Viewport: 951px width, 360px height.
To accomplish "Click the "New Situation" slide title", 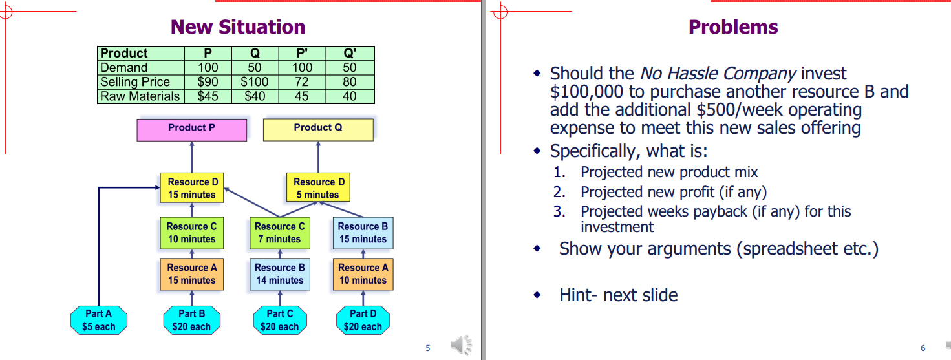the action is tap(238, 26).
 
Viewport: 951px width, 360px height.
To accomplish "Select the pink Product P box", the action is tap(192, 130).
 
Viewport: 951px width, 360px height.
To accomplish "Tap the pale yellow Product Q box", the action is tap(319, 130).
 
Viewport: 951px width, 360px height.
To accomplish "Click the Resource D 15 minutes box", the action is tap(192, 187).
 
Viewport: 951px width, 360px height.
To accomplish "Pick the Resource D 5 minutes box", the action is tap(319, 187).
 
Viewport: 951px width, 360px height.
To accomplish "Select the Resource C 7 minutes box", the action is tap(280, 233).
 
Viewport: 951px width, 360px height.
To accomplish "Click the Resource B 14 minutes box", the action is tap(280, 274).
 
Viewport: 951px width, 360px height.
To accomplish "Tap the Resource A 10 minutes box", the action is tap(363, 274).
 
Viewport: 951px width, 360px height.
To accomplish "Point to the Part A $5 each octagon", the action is tap(99, 320).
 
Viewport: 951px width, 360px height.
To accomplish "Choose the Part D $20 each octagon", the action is tap(363, 320).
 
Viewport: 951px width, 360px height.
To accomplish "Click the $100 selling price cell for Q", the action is tap(255, 81).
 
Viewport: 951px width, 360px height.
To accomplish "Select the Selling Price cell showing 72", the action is tap(302, 81).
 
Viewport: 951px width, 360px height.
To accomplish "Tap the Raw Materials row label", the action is tap(140, 96).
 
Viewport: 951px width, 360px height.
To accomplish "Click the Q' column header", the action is tap(350, 53).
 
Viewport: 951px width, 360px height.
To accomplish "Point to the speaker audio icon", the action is tap(462, 344).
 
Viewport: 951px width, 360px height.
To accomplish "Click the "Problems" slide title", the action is tap(733, 26).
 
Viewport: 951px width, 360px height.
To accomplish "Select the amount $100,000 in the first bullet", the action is tap(587, 92).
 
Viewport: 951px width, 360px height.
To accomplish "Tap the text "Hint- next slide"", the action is tap(619, 295).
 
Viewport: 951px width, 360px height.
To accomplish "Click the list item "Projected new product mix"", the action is tap(669, 172).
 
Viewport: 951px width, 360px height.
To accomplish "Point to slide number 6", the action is tap(923, 348).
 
